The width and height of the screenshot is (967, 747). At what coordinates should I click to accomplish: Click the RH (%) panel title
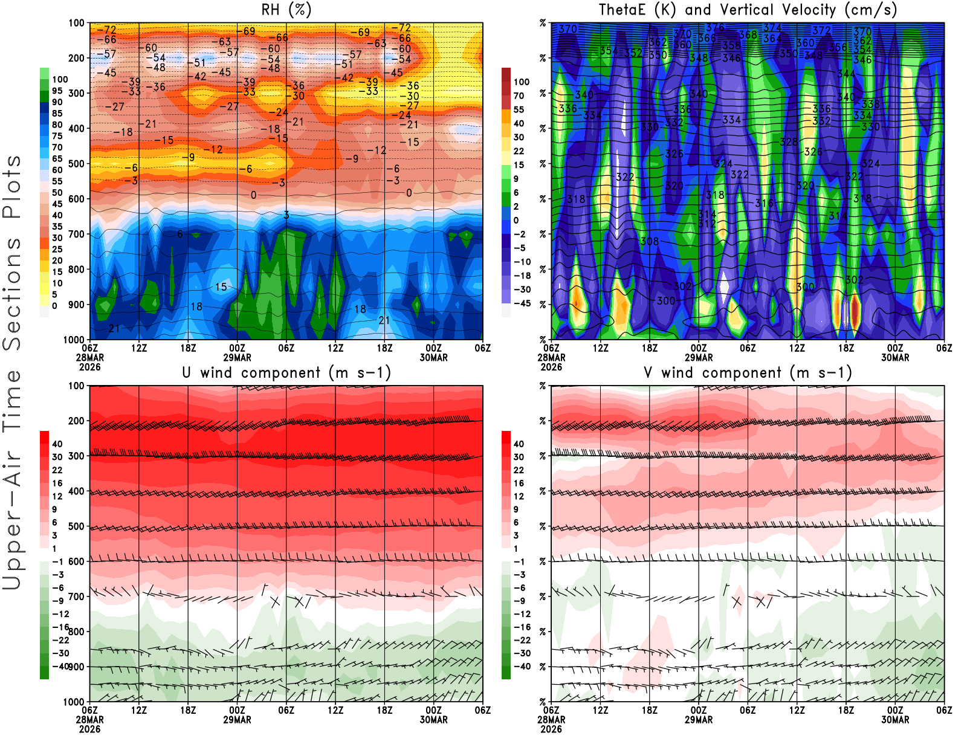click(x=286, y=10)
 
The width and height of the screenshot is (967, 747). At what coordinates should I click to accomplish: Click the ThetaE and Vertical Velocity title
click(x=748, y=10)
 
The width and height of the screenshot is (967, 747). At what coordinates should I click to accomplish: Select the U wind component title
click(x=286, y=373)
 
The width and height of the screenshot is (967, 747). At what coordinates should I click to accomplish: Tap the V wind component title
click(x=748, y=373)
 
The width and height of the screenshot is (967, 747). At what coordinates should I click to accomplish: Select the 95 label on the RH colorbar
click(x=57, y=91)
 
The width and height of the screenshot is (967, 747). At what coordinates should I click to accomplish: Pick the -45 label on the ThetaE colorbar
click(x=522, y=303)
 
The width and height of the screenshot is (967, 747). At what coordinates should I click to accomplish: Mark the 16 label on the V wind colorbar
click(x=519, y=483)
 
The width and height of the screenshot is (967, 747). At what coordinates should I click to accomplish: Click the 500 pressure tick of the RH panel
click(x=76, y=164)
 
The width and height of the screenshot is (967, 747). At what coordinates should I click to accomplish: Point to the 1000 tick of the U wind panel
click(x=74, y=702)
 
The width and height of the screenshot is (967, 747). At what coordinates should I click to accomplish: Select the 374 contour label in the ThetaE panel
click(x=772, y=28)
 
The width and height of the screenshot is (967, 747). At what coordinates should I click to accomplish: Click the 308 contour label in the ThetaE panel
click(x=649, y=241)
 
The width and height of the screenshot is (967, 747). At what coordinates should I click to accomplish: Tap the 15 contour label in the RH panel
click(x=221, y=287)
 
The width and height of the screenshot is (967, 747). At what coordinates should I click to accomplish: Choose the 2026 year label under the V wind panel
click(x=551, y=729)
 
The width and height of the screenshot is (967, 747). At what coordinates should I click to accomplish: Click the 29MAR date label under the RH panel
click(x=237, y=358)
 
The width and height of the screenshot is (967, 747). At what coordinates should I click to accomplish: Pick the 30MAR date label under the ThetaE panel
click(x=895, y=358)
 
